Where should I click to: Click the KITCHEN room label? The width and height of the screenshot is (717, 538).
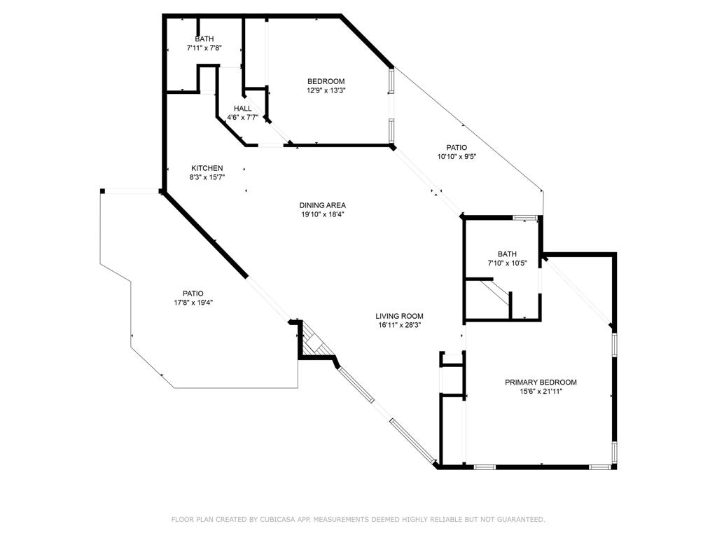click(207, 168)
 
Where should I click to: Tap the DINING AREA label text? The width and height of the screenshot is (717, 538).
click(323, 205)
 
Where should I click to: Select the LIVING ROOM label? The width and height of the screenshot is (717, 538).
click(399, 316)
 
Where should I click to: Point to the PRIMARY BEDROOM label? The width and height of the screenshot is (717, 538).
click(541, 382)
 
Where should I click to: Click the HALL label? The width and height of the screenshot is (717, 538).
click(242, 109)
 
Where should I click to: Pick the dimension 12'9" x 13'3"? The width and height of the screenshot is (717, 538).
click(326, 90)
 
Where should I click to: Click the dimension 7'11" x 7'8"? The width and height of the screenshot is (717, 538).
click(204, 48)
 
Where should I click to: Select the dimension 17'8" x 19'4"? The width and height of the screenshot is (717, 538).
click(193, 303)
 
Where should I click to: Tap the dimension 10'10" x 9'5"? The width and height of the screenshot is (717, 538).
click(457, 157)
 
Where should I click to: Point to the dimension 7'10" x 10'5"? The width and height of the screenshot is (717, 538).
click(507, 263)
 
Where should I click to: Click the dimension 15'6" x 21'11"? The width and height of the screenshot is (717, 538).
click(541, 392)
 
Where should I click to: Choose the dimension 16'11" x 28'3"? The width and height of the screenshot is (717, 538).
click(399, 325)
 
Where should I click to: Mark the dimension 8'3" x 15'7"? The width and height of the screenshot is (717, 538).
click(207, 178)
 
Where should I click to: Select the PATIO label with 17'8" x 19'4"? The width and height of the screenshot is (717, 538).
click(193, 294)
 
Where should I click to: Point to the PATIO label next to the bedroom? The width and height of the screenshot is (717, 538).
click(457, 147)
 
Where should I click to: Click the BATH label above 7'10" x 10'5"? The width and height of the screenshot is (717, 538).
click(507, 254)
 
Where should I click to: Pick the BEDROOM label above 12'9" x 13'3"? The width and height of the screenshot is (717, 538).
click(326, 81)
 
